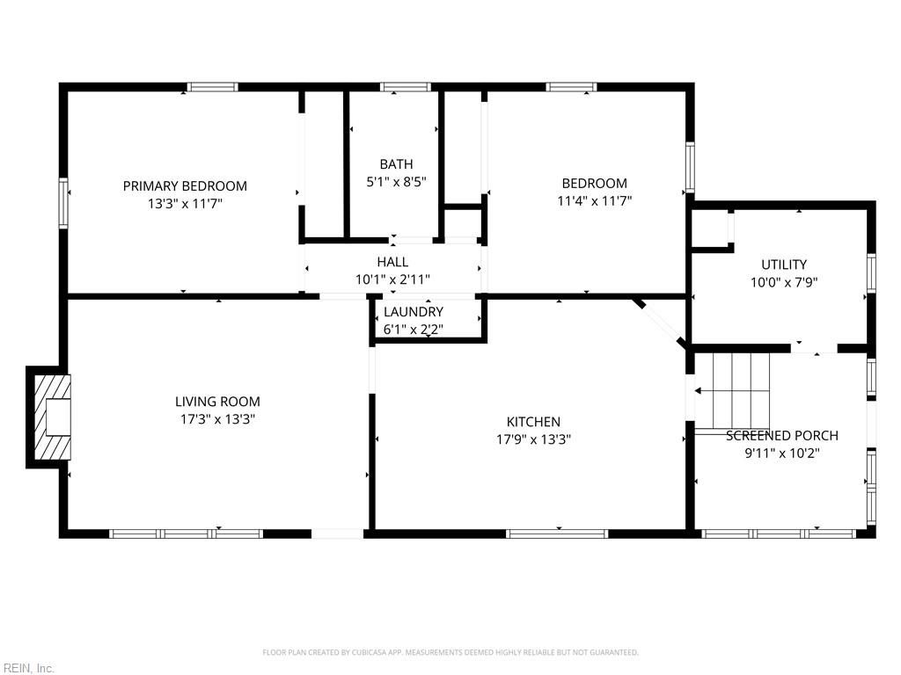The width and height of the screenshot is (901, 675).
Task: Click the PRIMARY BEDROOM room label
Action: click(185, 185)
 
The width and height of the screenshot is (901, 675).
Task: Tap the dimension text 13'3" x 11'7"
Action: click(185, 203)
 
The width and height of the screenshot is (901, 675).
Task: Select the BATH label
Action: click(396, 164)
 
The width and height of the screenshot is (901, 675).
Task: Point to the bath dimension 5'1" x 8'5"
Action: click(396, 182)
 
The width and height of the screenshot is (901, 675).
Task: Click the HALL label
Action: click(392, 262)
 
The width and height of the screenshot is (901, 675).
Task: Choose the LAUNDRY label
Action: click(414, 312)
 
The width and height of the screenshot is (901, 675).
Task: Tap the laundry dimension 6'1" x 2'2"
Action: click(414, 330)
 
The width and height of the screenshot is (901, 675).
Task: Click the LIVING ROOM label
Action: click(217, 402)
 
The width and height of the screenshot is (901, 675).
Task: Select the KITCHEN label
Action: click(533, 422)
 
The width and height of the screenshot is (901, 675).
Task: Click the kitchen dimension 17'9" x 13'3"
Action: click(533, 439)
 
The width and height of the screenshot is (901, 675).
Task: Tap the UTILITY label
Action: click(784, 265)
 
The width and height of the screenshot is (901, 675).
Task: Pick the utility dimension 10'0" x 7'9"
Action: click(784, 282)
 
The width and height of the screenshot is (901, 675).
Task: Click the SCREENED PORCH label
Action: click(781, 435)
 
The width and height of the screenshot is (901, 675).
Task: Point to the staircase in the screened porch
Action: click(732, 391)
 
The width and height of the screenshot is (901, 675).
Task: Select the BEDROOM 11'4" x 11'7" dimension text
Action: click(595, 200)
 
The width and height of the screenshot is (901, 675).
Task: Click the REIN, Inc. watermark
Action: click(28, 668)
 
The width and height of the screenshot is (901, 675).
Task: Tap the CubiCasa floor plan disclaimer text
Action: click(450, 652)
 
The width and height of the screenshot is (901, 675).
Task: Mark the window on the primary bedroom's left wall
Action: click(63, 203)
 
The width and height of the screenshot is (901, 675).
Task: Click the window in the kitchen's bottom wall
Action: click(557, 533)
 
